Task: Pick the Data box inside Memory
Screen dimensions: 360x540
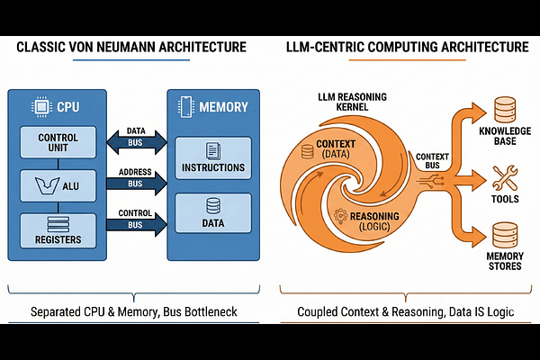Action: pos(212,217)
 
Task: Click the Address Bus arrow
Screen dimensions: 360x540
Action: pos(137,182)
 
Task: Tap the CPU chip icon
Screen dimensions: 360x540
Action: pos(39,105)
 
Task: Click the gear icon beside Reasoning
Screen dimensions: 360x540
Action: pos(339,216)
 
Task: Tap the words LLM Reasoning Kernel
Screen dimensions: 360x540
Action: pos(346,100)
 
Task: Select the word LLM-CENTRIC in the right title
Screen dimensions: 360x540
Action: pos(337,47)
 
